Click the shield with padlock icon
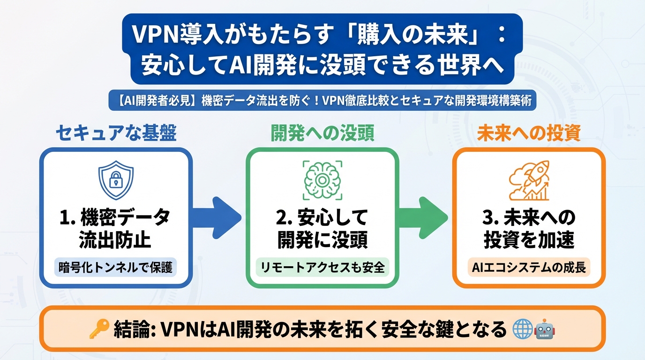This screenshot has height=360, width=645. point(115,181)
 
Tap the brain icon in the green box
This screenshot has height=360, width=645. point(322,180)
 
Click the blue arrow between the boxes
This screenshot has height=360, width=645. point(218,217)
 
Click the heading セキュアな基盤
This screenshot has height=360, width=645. point(116,134)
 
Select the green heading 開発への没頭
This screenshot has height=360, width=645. point(322,134)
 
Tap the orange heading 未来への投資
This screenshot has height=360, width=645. point(529,134)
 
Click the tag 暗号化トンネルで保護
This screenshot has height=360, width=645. point(116,268)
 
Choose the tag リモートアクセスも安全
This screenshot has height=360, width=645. point(322,268)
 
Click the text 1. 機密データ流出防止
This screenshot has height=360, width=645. point(115,229)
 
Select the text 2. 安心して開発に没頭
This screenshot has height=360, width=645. point(322,229)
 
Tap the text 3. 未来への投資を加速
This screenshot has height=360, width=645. point(529,229)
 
